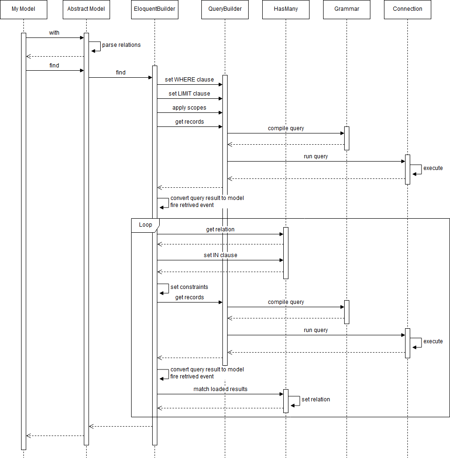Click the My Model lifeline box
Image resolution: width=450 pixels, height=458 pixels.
click(23, 9)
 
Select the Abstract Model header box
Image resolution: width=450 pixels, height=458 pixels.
click(87, 9)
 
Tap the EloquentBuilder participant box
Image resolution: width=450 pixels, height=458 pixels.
click(155, 9)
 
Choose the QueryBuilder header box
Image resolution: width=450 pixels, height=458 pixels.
click(225, 9)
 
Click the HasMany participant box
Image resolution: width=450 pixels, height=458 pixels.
click(286, 9)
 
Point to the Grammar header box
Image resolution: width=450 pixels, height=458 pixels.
click(347, 9)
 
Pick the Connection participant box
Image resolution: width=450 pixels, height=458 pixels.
click(407, 9)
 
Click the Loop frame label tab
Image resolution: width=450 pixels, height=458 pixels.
click(145, 225)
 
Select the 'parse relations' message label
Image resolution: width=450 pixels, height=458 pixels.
click(121, 45)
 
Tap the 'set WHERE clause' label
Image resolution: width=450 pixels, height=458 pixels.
click(189, 80)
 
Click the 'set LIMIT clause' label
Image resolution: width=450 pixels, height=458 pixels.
click(189, 94)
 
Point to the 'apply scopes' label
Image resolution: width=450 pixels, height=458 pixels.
click(189, 108)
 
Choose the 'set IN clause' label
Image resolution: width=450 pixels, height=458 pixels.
click(220, 255)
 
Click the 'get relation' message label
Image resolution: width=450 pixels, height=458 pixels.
click(220, 229)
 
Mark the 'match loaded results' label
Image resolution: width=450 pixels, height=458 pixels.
click(220, 389)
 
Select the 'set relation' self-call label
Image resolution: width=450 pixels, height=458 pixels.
click(316, 399)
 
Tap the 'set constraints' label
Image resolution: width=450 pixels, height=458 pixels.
click(189, 287)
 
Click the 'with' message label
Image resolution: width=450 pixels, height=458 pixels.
click(54, 33)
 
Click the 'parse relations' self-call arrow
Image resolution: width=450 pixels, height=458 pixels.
click(96, 46)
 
